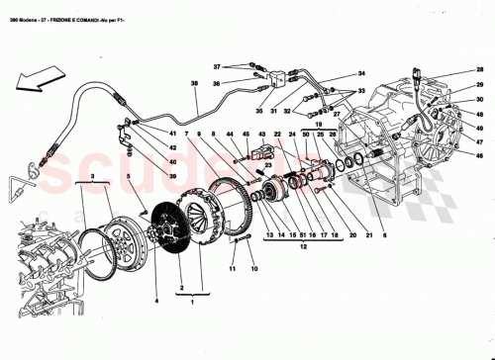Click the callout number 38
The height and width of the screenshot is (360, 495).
point(195,84)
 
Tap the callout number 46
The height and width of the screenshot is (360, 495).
point(479,156)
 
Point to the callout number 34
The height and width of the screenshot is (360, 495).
point(361,73)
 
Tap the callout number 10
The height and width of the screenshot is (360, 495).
point(252,269)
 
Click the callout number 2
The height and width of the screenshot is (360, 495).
point(180,292)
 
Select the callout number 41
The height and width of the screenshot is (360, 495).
point(172,133)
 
